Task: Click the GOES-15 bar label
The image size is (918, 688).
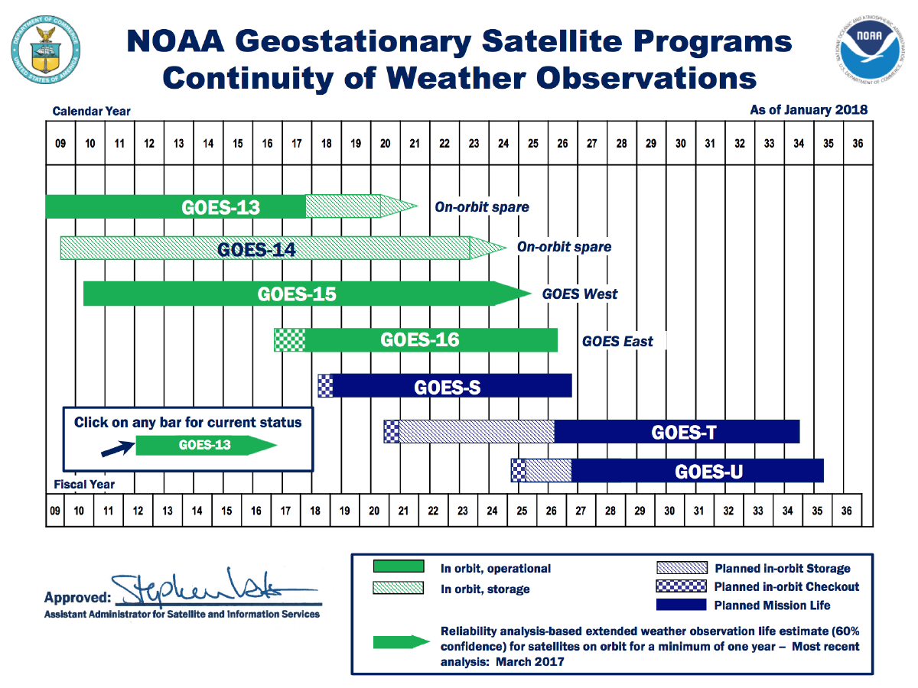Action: tap(297, 294)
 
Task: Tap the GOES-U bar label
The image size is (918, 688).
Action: tap(708, 472)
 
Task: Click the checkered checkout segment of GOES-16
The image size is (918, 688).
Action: tap(289, 340)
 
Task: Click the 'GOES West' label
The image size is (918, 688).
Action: tap(580, 294)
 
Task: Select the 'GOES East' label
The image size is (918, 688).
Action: tap(617, 341)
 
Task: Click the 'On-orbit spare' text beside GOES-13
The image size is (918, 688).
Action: tap(482, 207)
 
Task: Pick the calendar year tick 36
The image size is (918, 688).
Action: tap(858, 142)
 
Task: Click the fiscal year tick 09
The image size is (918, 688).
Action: tap(54, 511)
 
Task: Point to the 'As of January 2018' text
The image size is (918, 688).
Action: tap(809, 110)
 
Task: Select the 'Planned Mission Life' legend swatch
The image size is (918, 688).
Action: tap(681, 605)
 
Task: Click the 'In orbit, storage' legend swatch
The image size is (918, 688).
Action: tap(398, 588)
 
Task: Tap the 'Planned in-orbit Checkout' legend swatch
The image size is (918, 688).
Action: tap(681, 587)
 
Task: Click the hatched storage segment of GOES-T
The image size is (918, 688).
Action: tap(476, 432)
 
